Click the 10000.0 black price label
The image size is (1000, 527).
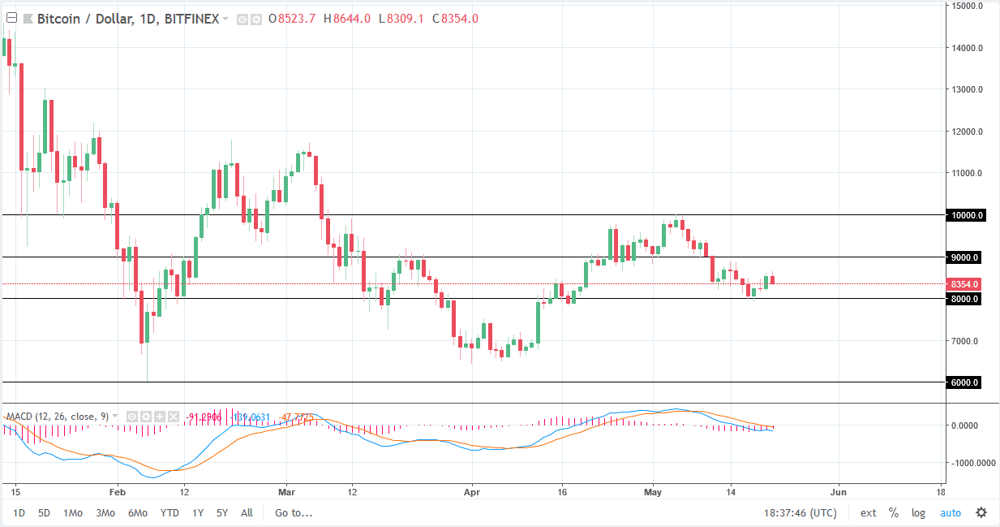click(965, 215)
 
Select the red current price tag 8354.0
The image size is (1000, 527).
click(964, 284)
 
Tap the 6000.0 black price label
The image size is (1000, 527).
click(965, 382)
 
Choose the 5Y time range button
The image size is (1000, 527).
click(221, 512)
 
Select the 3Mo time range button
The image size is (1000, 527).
click(105, 512)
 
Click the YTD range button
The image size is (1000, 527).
click(170, 512)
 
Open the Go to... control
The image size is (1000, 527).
click(294, 512)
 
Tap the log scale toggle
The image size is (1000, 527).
click(918, 512)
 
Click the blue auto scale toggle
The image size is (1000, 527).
click(950, 512)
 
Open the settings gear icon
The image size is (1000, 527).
click(981, 512)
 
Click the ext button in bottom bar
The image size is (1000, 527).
click(868, 512)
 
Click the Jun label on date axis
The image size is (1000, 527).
click(839, 491)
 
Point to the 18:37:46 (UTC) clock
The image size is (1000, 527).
click(800, 512)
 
